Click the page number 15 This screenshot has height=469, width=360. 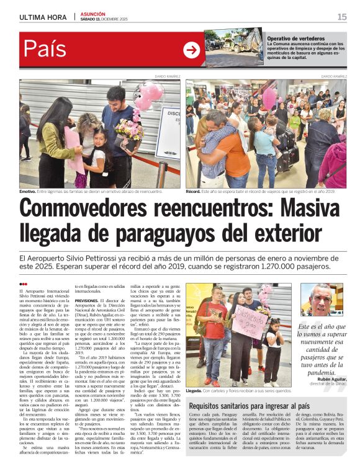(341, 17)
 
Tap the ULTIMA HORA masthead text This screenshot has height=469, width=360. (43, 17)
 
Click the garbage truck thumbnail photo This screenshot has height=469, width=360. (234, 47)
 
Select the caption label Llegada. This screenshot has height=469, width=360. (194, 391)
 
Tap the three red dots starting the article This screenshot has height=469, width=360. (24, 284)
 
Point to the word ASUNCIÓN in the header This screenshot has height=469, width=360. (92, 14)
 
